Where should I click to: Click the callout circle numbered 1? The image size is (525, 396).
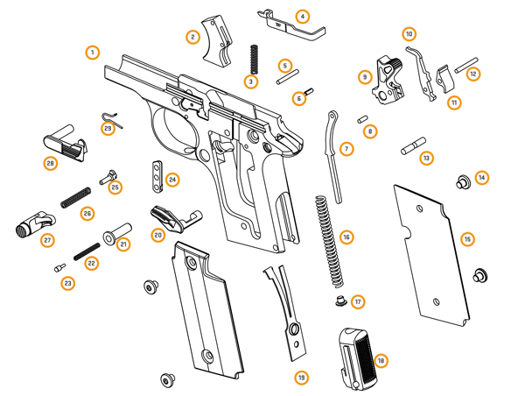[93, 53]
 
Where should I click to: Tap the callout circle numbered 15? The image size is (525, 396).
[467, 239]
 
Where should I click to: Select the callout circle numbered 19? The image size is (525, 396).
[300, 378]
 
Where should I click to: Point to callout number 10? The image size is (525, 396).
[409, 34]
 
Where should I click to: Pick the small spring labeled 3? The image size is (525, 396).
[253, 59]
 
